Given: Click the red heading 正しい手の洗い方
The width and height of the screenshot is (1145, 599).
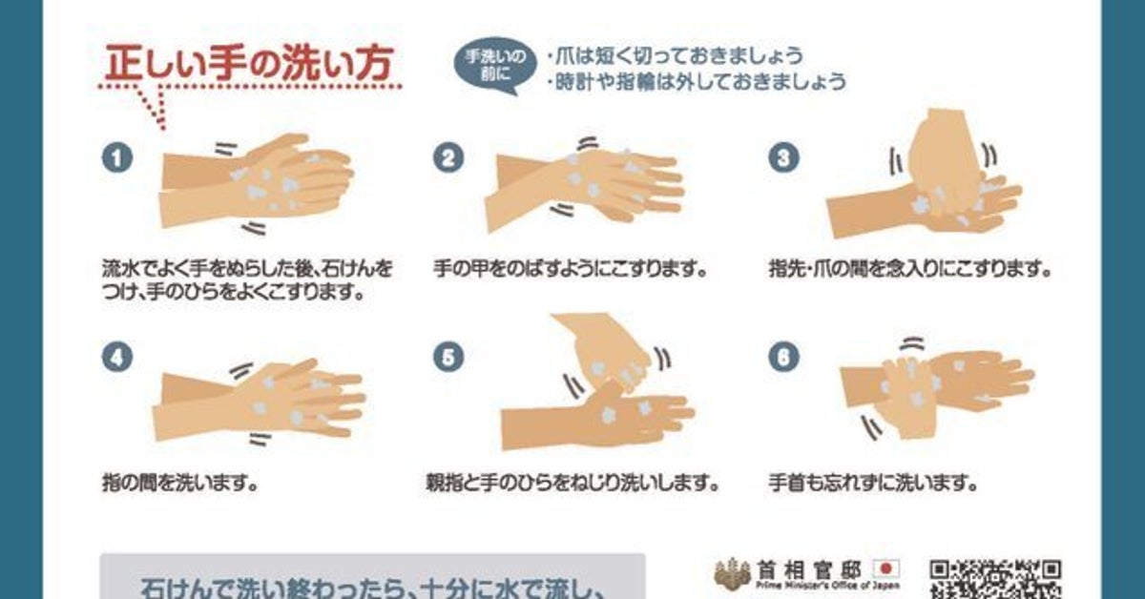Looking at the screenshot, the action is [248, 62].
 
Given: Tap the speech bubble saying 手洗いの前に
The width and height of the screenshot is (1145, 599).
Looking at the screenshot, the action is [495, 65].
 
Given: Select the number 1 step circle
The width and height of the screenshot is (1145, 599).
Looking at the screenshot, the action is [117, 157].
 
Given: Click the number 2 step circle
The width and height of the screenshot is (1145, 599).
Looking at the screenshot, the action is [448, 157].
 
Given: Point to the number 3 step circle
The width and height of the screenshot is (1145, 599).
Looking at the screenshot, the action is [783, 157].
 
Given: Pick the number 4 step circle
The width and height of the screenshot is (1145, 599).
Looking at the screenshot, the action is [117, 357].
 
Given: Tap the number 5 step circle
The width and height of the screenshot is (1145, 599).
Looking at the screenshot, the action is [448, 357].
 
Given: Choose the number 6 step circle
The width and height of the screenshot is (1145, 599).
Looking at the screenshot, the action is [783, 357].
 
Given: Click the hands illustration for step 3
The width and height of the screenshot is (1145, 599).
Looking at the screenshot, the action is [926, 174].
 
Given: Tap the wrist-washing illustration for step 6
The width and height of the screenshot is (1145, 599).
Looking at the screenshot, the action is [936, 389].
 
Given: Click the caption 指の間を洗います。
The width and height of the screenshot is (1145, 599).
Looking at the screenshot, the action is [179, 482].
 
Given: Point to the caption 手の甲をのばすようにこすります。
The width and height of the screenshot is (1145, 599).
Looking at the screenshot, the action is [571, 268].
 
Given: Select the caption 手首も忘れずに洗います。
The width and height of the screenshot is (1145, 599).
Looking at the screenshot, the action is [873, 482].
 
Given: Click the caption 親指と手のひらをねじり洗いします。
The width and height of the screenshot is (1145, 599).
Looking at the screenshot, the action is [572, 482].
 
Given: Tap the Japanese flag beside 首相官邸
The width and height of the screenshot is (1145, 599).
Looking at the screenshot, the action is [886, 568].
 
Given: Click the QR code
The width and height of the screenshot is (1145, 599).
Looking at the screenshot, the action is [994, 580].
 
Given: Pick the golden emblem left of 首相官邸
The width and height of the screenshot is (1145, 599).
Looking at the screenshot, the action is [733, 572].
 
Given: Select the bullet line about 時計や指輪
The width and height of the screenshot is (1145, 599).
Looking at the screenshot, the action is [697, 82].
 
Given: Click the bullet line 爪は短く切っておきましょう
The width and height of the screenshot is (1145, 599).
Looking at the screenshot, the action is [675, 56].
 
